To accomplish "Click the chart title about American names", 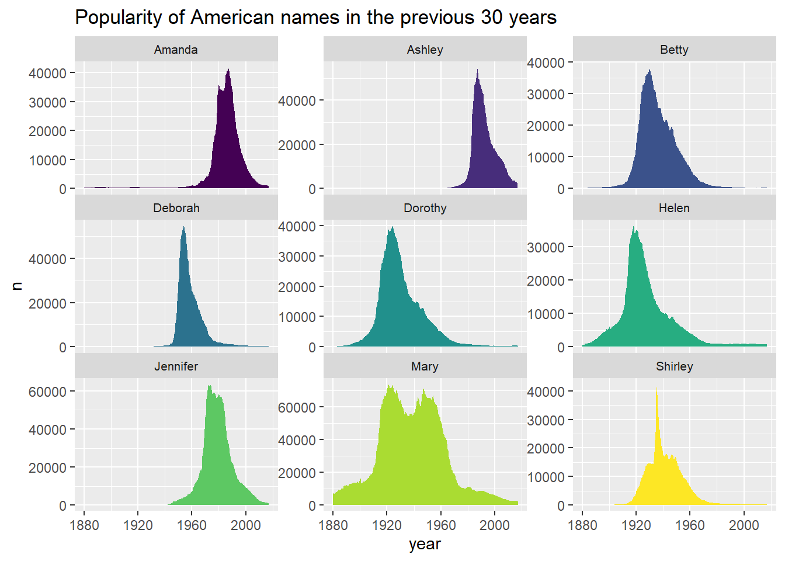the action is click(x=316, y=17).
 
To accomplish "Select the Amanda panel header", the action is click(x=176, y=50).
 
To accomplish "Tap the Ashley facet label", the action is click(x=425, y=50).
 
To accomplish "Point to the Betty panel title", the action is click(x=674, y=50).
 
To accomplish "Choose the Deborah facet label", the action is click(x=176, y=208).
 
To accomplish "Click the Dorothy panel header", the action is click(x=425, y=208).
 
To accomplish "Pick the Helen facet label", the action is click(x=674, y=208).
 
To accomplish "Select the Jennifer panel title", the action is click(x=176, y=366).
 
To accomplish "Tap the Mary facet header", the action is click(x=425, y=367).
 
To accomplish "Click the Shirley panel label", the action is click(x=675, y=367).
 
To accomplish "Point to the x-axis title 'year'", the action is click(x=425, y=544).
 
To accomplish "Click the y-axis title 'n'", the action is click(x=17, y=286).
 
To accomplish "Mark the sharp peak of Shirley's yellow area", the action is click(x=657, y=388).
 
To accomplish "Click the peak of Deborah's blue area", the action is click(x=183, y=227).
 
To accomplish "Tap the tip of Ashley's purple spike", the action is click(x=477, y=70).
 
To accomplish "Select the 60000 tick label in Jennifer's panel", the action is click(x=47, y=392).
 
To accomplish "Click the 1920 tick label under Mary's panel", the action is click(x=387, y=525).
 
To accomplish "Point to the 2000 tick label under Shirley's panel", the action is click(x=744, y=525).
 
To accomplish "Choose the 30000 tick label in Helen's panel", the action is click(x=546, y=248).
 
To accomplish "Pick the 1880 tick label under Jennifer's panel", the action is click(x=84, y=525).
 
